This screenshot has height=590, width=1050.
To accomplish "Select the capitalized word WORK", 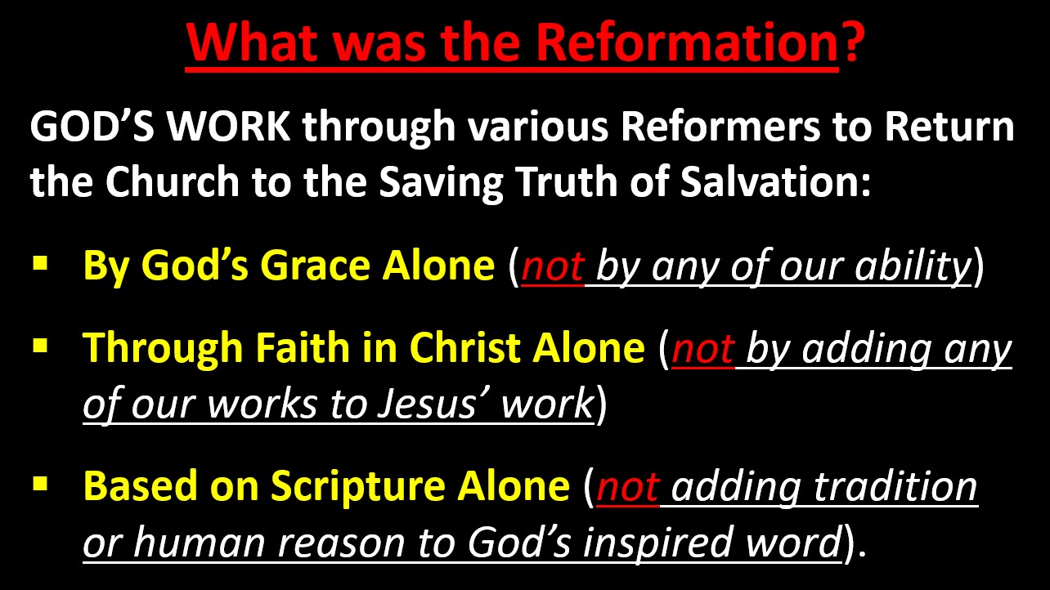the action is pos(229,127).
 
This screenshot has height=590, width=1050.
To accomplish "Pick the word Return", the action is pos(949,127).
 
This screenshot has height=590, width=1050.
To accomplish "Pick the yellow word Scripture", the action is pos(357,485).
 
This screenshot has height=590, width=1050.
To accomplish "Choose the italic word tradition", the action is pos(895,486).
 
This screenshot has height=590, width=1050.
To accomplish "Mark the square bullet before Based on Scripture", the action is pos(40,484).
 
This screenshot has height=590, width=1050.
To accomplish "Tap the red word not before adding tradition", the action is pos(628,488).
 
